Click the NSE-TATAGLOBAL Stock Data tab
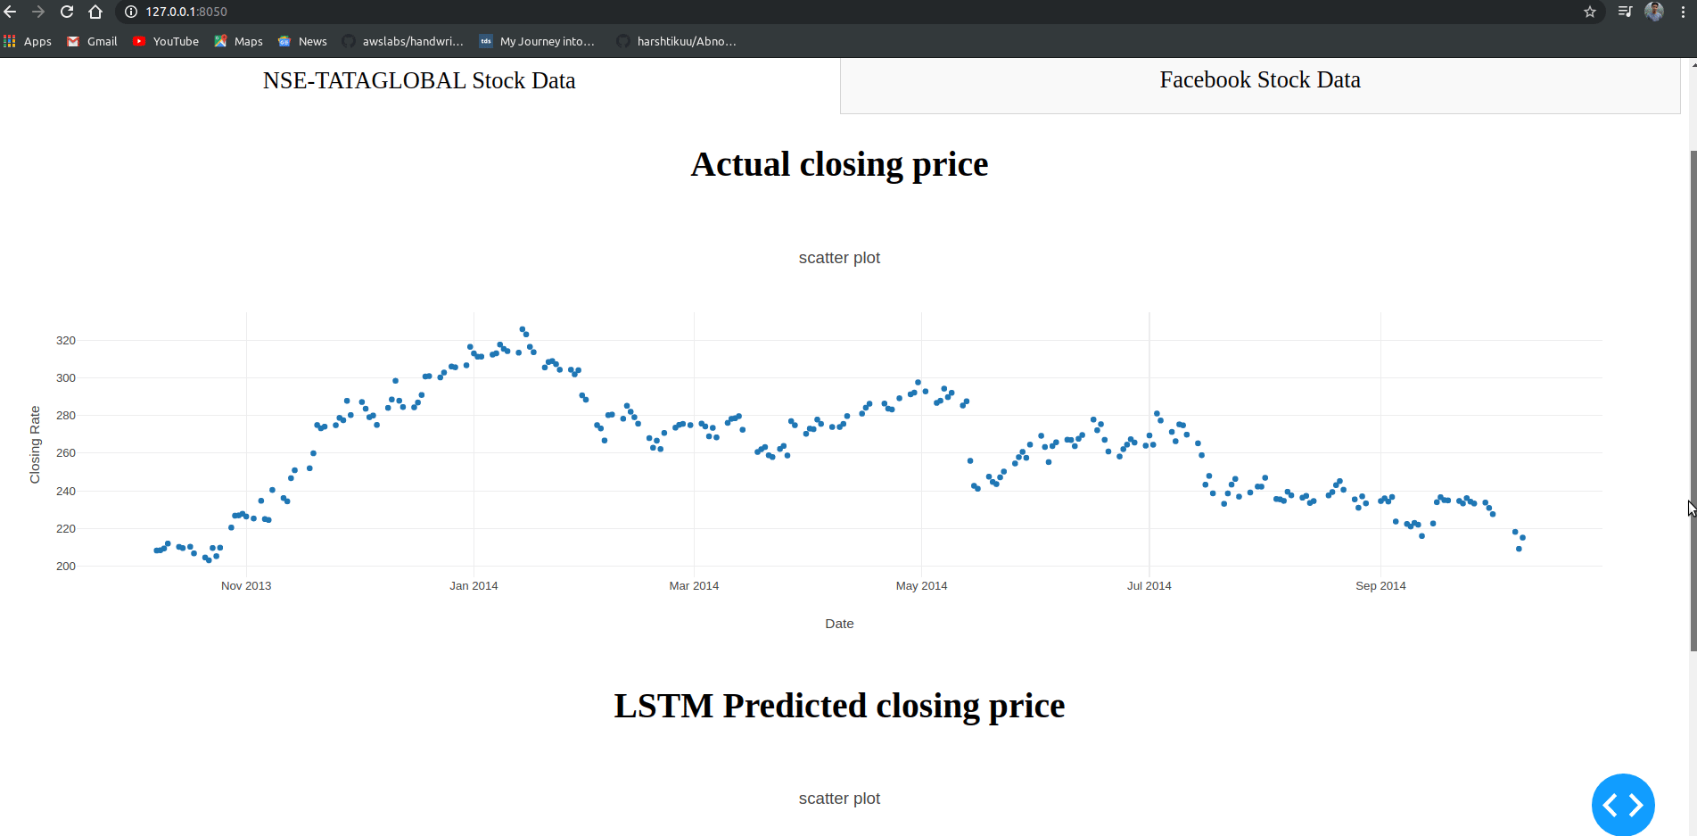point(419,81)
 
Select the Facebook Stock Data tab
point(1259,80)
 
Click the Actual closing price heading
point(839,164)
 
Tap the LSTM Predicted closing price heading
point(839,706)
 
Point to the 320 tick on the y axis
point(66,341)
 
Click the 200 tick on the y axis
point(66,567)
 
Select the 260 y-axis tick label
point(66,453)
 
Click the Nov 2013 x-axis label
point(246,586)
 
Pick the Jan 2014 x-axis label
point(474,586)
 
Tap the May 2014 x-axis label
point(921,586)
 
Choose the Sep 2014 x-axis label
point(1380,586)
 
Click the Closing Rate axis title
point(35,444)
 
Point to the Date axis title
point(839,624)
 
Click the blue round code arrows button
point(1623,805)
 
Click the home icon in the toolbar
point(95,12)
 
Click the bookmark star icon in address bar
point(1590,12)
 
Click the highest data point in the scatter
point(523,329)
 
